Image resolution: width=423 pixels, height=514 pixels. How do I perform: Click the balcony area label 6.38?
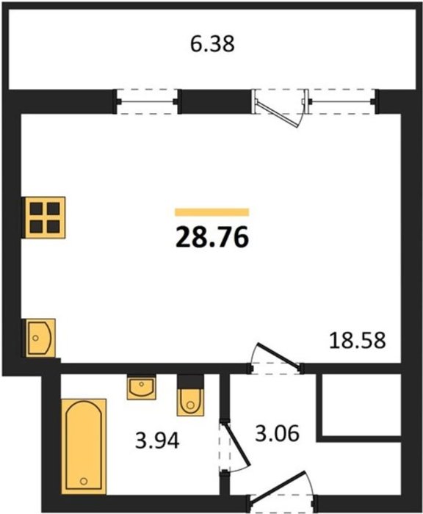point(212,44)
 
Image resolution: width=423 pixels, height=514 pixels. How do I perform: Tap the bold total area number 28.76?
point(212,238)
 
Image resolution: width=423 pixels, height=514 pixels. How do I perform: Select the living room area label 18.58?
point(357,340)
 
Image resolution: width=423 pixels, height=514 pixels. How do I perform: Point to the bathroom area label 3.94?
point(157,441)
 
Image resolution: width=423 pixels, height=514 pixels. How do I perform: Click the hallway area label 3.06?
point(278,433)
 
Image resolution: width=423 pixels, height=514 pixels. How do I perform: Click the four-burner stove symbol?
point(44,217)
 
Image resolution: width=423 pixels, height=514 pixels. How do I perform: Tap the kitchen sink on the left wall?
point(40,338)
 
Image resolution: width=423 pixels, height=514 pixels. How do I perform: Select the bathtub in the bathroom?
point(84,446)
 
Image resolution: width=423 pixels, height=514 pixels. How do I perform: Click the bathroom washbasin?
point(141,387)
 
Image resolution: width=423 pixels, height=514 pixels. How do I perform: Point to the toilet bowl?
point(190,402)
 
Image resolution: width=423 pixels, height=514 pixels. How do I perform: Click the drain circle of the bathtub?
point(84,481)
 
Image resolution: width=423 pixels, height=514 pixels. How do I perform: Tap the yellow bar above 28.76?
point(212,212)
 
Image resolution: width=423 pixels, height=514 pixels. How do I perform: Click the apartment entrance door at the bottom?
point(280,488)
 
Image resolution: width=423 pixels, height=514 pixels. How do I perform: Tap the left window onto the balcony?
point(147,101)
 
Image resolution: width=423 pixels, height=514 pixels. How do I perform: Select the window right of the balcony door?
point(342,101)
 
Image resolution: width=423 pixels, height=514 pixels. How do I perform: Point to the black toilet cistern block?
point(190,383)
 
